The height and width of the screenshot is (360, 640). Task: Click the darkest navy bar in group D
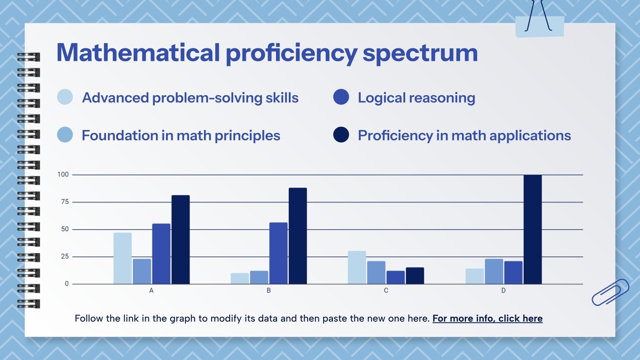[x=532, y=230]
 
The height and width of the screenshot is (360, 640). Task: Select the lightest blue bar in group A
[x=122, y=258]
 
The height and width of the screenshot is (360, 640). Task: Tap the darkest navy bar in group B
[x=298, y=236]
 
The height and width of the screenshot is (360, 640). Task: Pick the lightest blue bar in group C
[x=357, y=268]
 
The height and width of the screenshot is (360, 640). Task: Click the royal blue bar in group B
[x=278, y=253]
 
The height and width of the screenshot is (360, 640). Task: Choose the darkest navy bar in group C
[x=415, y=276]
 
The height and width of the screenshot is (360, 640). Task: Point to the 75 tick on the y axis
[x=65, y=202]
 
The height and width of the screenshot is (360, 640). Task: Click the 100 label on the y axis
[x=63, y=174]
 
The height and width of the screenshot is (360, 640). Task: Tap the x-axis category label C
[x=386, y=291]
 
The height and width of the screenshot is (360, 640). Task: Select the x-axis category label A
[x=151, y=291]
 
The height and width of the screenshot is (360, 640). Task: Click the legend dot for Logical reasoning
[x=341, y=97]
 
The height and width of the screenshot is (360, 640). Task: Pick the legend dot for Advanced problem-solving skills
[x=65, y=97]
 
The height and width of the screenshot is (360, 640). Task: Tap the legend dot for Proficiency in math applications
[x=341, y=135]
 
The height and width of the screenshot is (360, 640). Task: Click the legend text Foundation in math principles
[x=181, y=136]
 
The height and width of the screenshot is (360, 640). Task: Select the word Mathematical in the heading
[x=138, y=53]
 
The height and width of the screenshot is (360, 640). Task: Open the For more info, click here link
[x=487, y=318]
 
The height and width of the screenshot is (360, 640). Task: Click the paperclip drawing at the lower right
[x=610, y=292]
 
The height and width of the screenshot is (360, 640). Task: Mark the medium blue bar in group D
[x=494, y=272]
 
